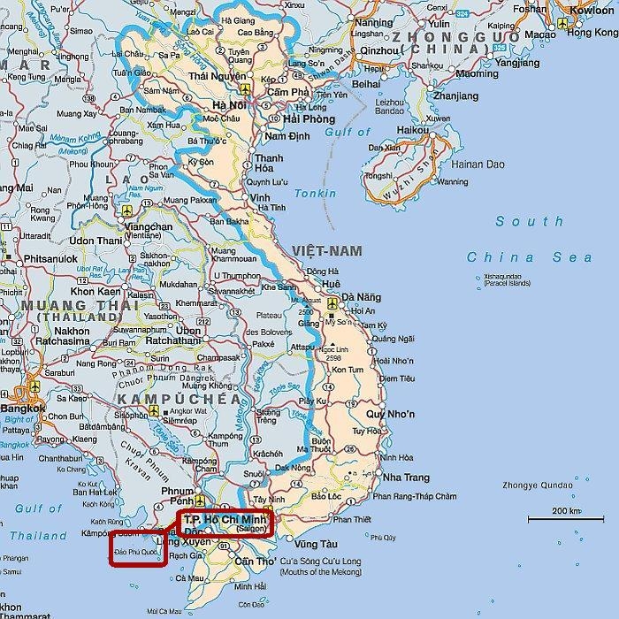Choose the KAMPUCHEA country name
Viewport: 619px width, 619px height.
(x=178, y=400)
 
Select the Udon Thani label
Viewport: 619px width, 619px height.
(x=95, y=241)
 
